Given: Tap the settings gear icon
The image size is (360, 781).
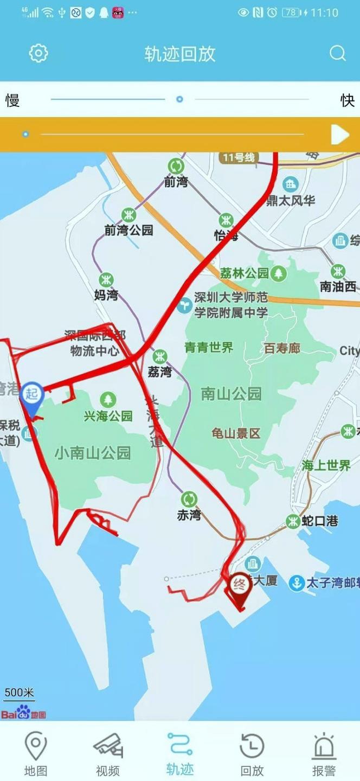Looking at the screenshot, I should point(38,53).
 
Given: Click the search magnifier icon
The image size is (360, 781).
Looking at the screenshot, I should point(337,53).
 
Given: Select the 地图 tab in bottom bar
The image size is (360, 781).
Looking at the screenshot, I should point(36,754).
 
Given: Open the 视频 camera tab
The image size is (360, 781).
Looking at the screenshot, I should point(108,754).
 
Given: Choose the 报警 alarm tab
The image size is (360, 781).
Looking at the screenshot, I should point(324,754).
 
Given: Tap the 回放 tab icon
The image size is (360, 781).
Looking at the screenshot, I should point(252,754).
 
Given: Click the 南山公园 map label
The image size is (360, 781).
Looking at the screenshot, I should point(232,394).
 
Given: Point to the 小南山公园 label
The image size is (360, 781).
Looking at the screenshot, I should point(93,453).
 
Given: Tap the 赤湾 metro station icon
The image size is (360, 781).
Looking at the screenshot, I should point(189,499).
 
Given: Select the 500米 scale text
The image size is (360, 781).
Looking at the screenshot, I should point(19,693).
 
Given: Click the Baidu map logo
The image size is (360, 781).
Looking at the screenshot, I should point(23,713).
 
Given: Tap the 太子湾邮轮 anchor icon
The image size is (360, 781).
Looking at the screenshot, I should point(297,583).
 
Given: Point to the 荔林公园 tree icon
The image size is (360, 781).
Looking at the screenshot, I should point(279,273).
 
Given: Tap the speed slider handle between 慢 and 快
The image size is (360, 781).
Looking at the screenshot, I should point(179,99).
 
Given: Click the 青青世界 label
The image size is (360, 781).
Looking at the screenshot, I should point(209,348).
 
